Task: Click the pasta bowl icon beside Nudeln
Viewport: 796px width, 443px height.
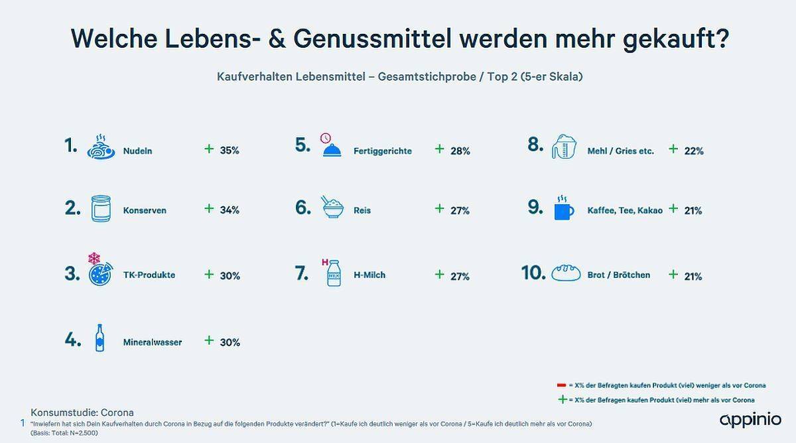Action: (101, 147)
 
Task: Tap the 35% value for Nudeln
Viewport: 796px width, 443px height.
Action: (230, 151)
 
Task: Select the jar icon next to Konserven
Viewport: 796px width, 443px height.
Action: (101, 208)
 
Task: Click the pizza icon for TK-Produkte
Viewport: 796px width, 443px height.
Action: (101, 271)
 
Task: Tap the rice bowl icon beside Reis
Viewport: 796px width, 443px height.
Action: (332, 207)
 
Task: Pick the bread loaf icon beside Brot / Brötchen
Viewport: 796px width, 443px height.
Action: (570, 273)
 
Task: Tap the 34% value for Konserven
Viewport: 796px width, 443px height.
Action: (230, 210)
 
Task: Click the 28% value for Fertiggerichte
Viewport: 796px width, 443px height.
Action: (460, 151)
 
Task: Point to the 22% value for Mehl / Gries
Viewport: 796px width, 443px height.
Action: (694, 151)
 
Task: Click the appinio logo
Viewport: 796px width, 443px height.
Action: (750, 420)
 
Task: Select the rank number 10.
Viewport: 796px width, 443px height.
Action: (533, 273)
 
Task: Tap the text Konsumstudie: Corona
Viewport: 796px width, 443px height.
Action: (82, 412)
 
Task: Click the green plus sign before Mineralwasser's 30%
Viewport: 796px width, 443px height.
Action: (209, 340)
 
